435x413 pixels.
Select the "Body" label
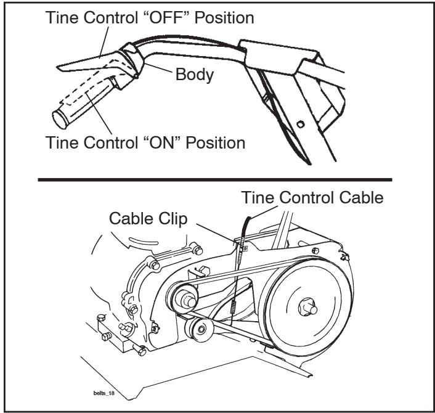click(x=195, y=75)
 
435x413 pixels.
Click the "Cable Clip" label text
click(x=148, y=219)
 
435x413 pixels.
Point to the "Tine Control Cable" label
click(x=312, y=198)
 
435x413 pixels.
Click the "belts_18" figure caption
click(x=104, y=393)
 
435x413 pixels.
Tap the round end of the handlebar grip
click(x=59, y=120)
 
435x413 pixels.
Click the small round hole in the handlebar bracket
click(x=300, y=124)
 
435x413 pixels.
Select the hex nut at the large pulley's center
click(x=307, y=308)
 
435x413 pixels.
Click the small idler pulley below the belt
click(x=199, y=329)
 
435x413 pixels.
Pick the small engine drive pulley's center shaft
click(x=189, y=301)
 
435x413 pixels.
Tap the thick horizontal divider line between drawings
click(x=215, y=180)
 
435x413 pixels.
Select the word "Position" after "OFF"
click(x=224, y=17)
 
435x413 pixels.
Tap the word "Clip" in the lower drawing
click(x=173, y=219)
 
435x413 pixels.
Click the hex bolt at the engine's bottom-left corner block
click(x=107, y=337)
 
